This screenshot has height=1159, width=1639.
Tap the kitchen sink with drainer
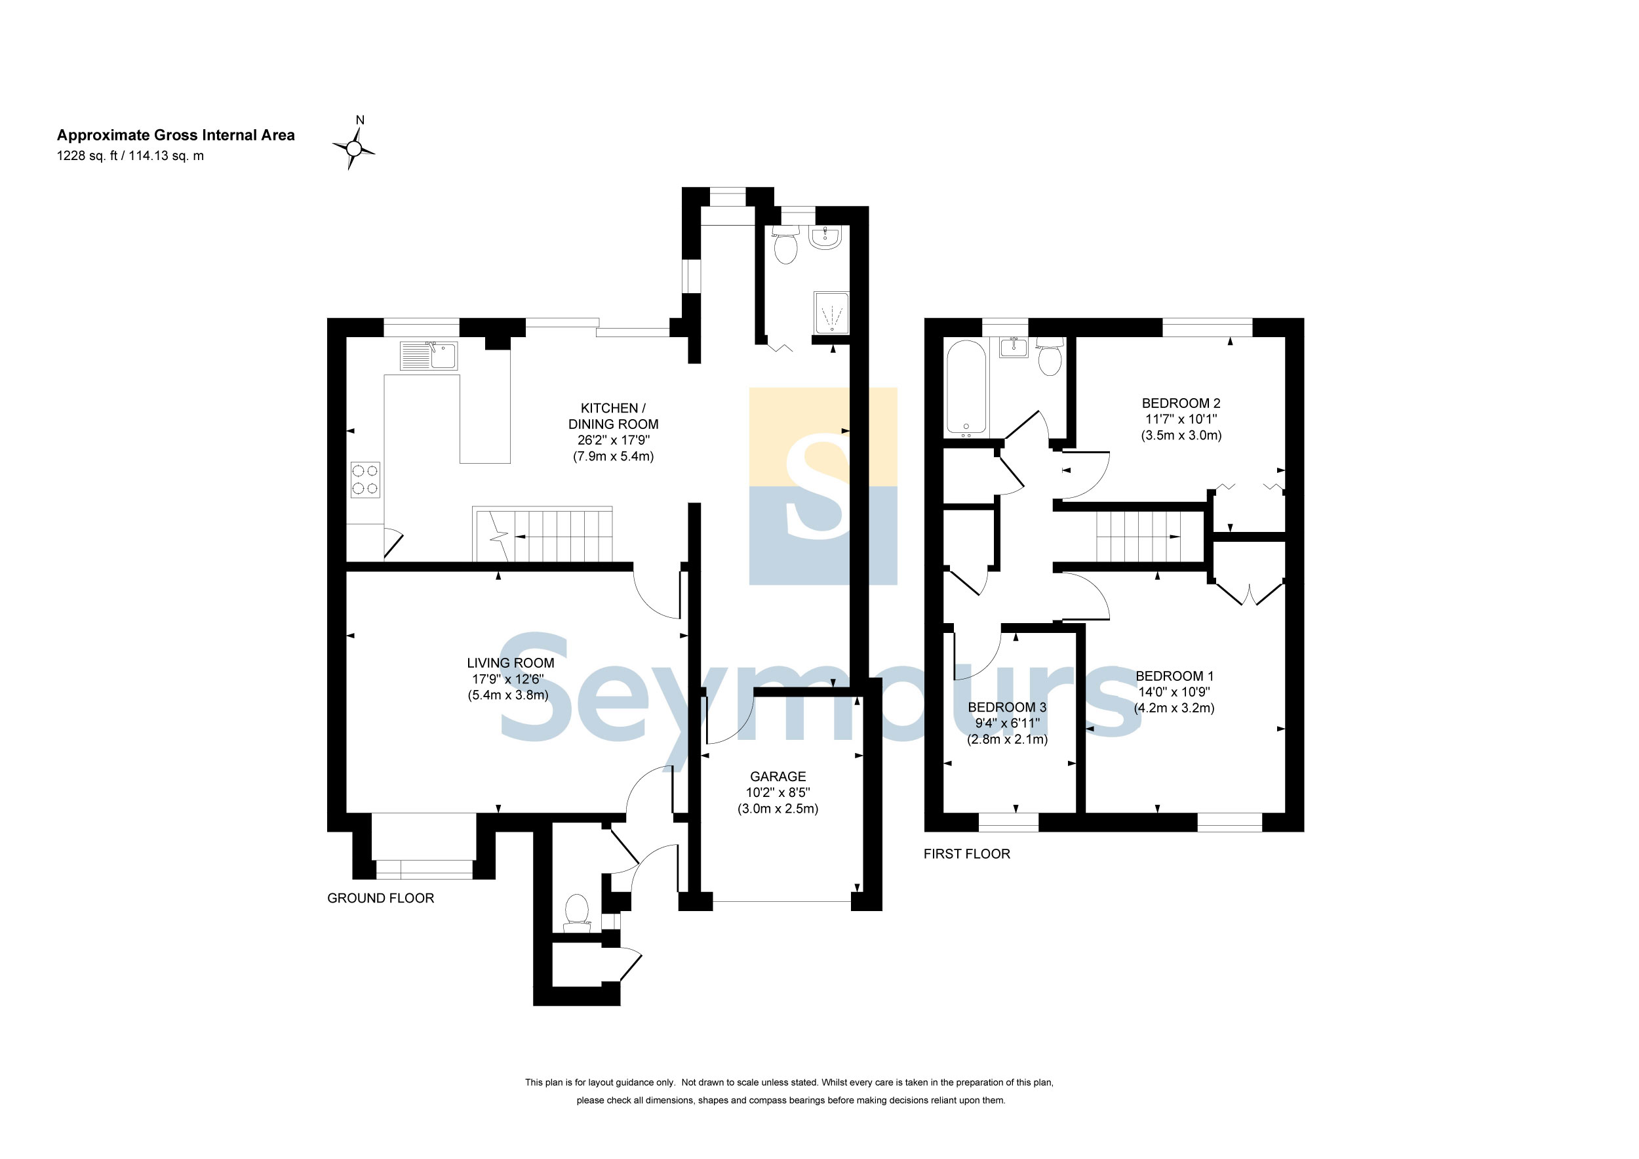click(x=428, y=356)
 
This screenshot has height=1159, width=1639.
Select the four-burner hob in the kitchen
click(x=365, y=480)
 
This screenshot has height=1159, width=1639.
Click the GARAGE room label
click(x=778, y=776)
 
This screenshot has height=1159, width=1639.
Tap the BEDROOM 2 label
click(x=1181, y=403)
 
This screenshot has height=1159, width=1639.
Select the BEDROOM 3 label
click(x=1007, y=707)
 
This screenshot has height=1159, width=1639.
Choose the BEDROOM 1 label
click(x=1174, y=676)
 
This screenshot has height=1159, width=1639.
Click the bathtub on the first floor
click(x=966, y=388)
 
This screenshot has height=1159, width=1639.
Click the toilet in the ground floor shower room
click(x=785, y=244)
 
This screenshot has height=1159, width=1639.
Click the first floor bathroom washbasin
click(x=1014, y=348)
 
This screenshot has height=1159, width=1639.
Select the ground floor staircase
click(x=543, y=534)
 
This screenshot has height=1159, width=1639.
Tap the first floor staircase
click(x=1139, y=537)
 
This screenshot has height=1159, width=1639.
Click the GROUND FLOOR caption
click(x=380, y=899)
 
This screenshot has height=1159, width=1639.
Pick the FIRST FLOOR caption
click(x=966, y=854)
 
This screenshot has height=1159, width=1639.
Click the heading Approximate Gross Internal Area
click(x=176, y=135)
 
